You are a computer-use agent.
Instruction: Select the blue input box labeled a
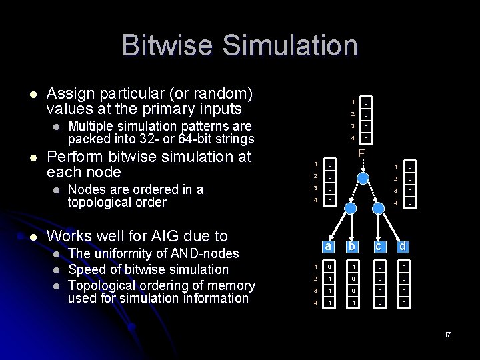pyautogui.click(x=328, y=246)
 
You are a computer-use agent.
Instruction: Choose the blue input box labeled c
pyautogui.click(x=379, y=246)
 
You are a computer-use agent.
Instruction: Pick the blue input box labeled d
pyautogui.click(x=403, y=246)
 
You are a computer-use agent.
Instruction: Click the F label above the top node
pyautogui.click(x=361, y=153)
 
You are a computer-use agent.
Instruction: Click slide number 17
pyautogui.click(x=447, y=333)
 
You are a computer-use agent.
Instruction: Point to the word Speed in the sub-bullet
pyautogui.click(x=85, y=269)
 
